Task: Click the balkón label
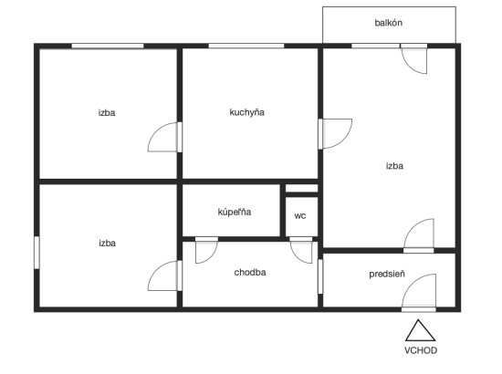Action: (x=388, y=23)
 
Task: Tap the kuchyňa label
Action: (x=246, y=112)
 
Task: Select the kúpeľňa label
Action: (x=235, y=213)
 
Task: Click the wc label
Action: (x=300, y=216)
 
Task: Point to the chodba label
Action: (x=250, y=272)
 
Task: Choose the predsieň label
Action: (x=387, y=275)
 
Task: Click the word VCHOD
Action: (x=421, y=350)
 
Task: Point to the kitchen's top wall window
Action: (x=246, y=46)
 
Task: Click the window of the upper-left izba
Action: (x=108, y=46)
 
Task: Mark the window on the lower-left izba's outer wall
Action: (x=37, y=253)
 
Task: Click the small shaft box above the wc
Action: (x=301, y=188)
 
